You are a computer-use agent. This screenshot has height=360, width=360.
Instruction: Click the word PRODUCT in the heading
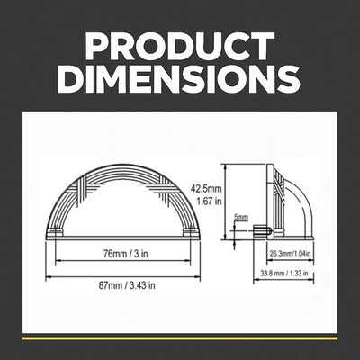point(180,46)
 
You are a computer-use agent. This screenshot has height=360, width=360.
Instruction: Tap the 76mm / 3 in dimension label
point(126,254)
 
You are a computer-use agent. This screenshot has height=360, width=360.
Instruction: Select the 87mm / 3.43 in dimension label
point(127,285)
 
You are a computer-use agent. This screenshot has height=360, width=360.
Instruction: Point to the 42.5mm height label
point(206,189)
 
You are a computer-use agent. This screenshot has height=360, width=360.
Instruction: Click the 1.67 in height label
point(209,202)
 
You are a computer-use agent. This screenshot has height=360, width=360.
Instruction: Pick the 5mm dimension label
point(241,217)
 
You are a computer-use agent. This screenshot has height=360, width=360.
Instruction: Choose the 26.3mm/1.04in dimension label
point(290,254)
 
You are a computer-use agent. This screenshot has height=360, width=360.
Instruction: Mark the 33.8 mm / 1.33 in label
point(284,274)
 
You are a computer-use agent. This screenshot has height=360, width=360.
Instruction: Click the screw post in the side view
point(263,231)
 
